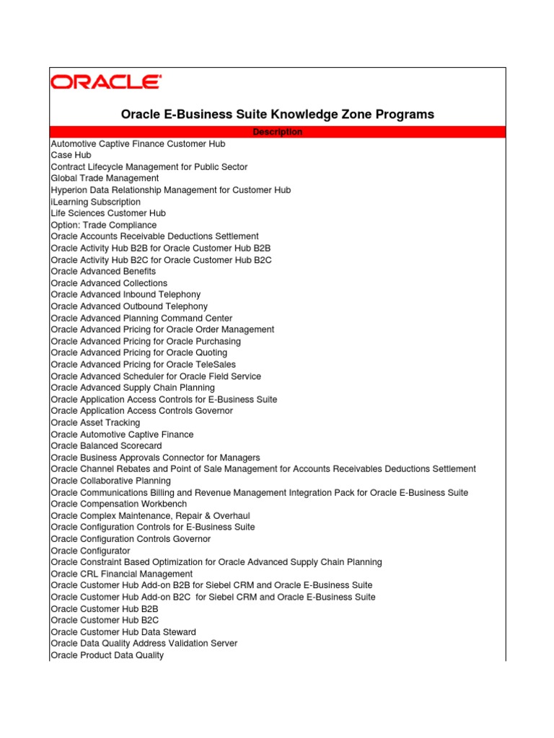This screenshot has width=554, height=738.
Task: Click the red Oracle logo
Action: point(105,81)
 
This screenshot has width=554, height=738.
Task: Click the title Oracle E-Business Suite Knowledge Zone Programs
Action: point(278,114)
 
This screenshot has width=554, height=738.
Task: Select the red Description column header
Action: point(278,132)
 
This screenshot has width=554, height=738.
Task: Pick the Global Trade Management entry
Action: point(105,178)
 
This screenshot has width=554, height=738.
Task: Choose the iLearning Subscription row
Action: point(96,202)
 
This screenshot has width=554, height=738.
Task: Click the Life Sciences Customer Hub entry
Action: point(108,213)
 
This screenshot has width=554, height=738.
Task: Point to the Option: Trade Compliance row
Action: point(104,225)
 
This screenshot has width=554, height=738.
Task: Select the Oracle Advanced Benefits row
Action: point(103,272)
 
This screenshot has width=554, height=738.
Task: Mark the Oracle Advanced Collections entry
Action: point(109,283)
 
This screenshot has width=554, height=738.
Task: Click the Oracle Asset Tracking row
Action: point(95,422)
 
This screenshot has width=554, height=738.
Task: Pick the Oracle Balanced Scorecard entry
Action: point(106,446)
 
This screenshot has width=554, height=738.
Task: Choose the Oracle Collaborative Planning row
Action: point(110,481)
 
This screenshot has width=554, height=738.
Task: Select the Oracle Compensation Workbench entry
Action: point(118,504)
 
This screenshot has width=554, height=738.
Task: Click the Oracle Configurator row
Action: point(90,551)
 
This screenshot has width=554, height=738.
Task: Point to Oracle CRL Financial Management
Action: point(121,574)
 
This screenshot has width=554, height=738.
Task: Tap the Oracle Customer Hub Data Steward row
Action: point(123,632)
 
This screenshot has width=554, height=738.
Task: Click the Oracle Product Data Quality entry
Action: point(107,655)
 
